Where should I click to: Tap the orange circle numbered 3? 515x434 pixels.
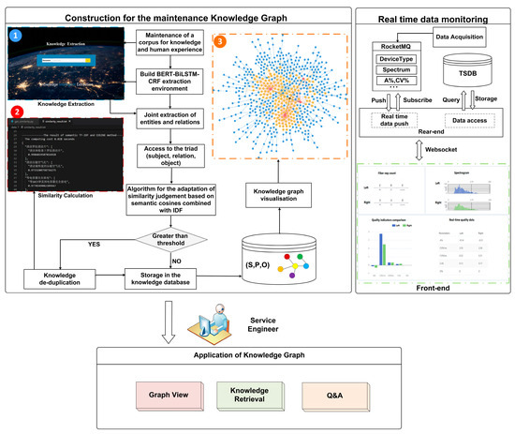coord(219,42)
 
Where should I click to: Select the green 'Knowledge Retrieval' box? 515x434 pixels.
coord(250,394)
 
